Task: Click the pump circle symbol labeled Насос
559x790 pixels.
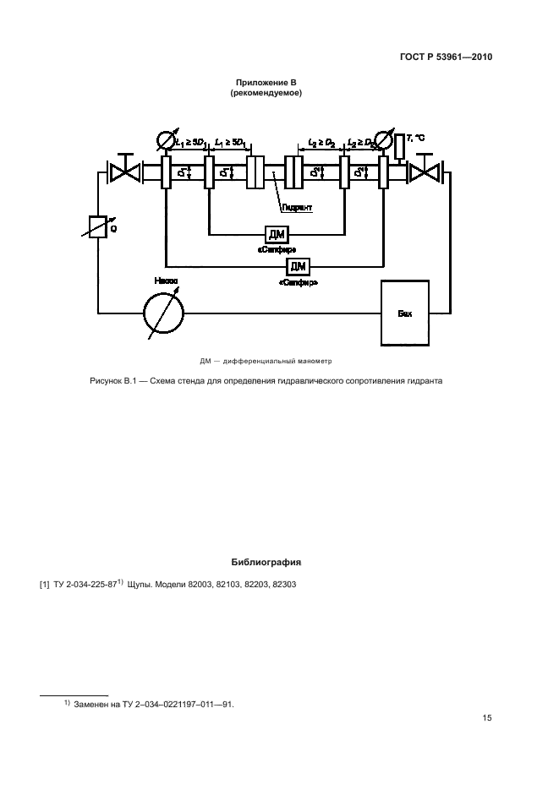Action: click(x=163, y=313)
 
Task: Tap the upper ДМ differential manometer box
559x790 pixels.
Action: click(x=277, y=234)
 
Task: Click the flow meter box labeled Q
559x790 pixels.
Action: click(x=98, y=226)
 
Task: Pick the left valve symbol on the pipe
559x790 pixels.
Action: click(x=125, y=172)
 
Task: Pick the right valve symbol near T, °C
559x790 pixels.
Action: click(x=425, y=172)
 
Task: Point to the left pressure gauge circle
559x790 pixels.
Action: click(x=164, y=139)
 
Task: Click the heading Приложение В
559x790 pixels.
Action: click(x=266, y=82)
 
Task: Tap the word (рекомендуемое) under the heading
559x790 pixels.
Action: click(x=266, y=93)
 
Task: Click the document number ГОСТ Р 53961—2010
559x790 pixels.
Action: click(x=446, y=57)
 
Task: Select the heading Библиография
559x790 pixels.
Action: click(x=266, y=562)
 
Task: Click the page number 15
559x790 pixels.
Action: click(x=487, y=719)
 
